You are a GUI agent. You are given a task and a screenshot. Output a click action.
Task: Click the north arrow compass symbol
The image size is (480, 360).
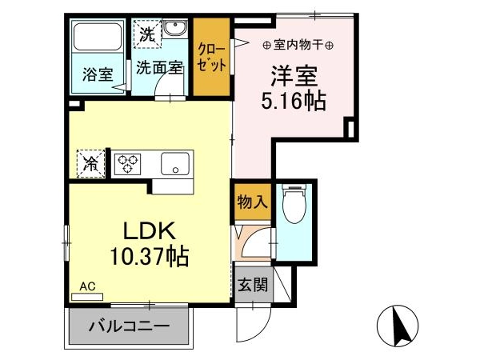pos(398,326)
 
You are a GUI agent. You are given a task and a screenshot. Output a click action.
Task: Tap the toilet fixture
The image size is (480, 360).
pos(294,203)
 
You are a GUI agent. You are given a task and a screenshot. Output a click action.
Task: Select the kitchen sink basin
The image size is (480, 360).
pos(175,164)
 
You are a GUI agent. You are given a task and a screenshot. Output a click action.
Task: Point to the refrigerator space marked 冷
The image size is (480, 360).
pos(91,163)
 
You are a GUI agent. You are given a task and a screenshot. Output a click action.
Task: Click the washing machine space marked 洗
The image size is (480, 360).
pos(147,34)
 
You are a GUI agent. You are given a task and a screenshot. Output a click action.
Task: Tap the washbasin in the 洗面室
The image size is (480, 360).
pos(174,29)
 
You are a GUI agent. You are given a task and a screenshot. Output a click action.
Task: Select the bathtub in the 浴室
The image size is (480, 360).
pos(98,36)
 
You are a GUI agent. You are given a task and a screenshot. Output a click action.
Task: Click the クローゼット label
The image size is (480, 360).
pos(211,58)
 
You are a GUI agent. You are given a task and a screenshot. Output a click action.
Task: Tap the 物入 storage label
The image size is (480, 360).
pos(253,202)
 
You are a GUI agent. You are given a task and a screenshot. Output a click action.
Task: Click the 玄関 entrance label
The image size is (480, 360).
pos(253,284)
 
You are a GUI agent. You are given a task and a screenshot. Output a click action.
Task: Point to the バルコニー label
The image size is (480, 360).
pos(129,326)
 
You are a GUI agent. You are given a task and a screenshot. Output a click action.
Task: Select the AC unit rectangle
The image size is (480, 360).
pos(87,297)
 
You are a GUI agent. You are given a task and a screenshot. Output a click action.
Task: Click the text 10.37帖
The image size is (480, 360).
pos(149,257)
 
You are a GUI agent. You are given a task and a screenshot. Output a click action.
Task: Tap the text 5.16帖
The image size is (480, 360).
pos(294,101)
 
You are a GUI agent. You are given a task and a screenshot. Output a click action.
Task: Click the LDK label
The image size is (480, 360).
pos(150,231)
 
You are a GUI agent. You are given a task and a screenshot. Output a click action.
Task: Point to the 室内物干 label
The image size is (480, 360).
pos(298,46)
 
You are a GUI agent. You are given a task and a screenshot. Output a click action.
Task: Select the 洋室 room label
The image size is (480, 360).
pos(294,76)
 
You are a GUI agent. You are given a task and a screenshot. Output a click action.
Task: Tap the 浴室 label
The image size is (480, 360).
pos(98,74)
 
